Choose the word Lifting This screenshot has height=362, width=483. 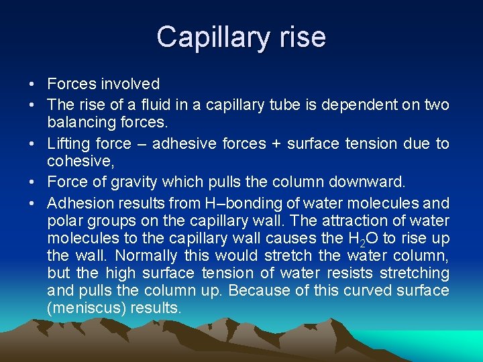coord(68,143)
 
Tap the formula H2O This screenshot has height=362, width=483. coord(363,239)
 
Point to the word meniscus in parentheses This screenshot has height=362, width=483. coord(87,308)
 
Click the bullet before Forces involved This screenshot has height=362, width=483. coord(32,84)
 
